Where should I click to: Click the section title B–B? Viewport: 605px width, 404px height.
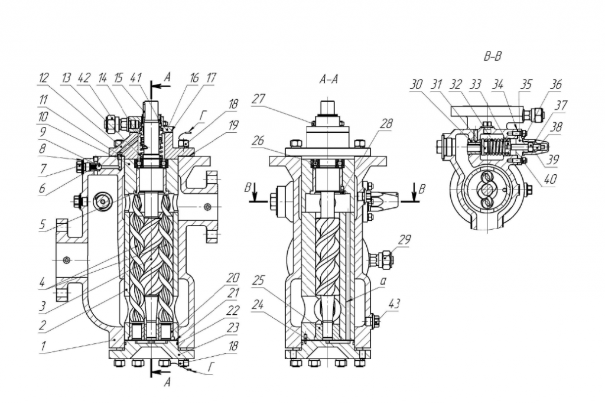pyautogui.click(x=492, y=56)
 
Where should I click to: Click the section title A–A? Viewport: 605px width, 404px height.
pyautogui.click(x=328, y=80)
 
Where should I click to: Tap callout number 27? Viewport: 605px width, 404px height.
pyautogui.click(x=259, y=99)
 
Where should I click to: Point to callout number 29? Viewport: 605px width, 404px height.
pyautogui.click(x=404, y=240)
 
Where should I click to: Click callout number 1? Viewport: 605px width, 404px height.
pyautogui.click(x=44, y=346)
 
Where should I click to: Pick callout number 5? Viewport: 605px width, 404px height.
pyautogui.click(x=42, y=224)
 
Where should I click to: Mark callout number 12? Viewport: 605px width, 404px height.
pyautogui.click(x=44, y=78)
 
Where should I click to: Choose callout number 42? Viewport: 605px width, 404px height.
pyautogui.click(x=84, y=78)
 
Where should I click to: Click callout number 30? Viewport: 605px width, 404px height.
pyautogui.click(x=416, y=84)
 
